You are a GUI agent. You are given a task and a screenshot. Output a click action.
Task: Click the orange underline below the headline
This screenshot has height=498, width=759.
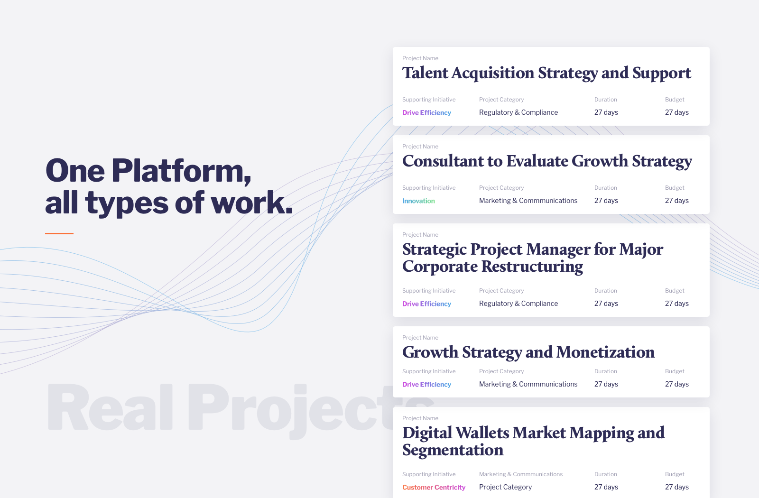pos(59,233)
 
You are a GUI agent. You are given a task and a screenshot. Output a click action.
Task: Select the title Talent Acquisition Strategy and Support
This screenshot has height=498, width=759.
pos(546,74)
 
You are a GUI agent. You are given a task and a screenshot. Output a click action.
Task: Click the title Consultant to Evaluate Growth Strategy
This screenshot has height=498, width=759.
pos(547,162)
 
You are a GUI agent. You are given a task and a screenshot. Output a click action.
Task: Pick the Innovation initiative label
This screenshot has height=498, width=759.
pos(418,201)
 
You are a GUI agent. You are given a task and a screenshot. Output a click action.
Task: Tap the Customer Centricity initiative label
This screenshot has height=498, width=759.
pos(434,488)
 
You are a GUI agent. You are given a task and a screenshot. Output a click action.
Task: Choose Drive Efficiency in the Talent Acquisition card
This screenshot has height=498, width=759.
pos(426,113)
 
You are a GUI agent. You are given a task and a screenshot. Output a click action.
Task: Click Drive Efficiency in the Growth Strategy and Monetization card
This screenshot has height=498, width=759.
pos(426,385)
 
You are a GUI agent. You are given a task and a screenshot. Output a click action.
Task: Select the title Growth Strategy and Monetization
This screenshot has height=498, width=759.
pos(528,353)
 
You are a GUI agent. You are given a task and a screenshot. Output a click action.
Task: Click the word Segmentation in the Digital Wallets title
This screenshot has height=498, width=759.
pos(453,451)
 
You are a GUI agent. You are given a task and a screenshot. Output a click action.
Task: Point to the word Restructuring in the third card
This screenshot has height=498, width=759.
pos(532,267)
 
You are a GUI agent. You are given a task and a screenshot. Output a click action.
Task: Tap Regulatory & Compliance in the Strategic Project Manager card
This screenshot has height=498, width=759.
pos(518,304)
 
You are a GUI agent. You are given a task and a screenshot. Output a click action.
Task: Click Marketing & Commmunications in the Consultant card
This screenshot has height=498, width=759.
pos(528,201)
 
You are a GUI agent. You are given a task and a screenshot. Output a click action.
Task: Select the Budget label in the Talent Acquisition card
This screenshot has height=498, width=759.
pos(675,100)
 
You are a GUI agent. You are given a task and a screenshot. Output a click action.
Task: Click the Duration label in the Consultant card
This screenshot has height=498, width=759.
pos(605,188)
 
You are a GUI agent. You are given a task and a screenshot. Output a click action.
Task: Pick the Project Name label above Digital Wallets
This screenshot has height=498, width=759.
pos(420,418)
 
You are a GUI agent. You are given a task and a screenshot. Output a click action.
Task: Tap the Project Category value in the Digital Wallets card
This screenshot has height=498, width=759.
pos(505,487)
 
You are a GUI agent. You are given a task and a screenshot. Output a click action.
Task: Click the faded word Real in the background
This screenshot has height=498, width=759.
pos(110,407)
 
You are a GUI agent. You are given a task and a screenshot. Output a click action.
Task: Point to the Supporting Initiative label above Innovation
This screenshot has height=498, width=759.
pos(429,188)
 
